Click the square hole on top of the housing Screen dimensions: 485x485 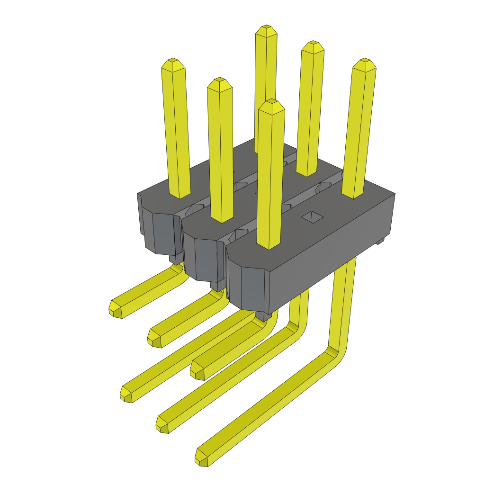click(x=313, y=217)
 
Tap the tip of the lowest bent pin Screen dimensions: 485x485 click(x=201, y=458)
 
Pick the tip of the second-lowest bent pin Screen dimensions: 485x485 click(x=163, y=423)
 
